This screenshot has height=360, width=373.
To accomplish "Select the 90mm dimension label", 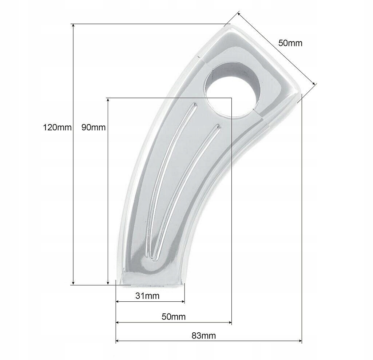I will point(94,127).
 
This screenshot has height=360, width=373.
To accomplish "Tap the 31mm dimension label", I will point(147,296).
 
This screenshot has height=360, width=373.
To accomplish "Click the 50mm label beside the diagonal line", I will point(290,43).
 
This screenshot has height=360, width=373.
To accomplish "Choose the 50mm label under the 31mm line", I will point(174,317).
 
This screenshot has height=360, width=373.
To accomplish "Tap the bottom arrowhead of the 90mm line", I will point(108,282).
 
